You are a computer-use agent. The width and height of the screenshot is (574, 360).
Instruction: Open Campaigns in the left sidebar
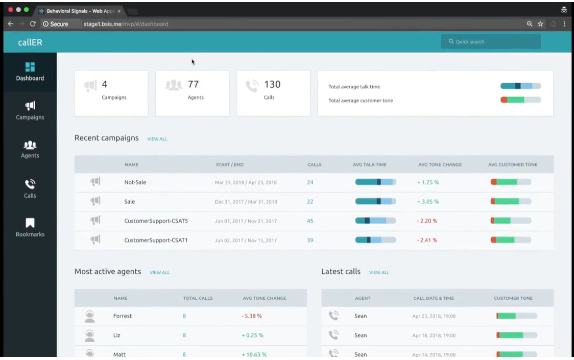(x=30, y=110)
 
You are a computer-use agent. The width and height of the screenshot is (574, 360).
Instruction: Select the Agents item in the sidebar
(x=30, y=149)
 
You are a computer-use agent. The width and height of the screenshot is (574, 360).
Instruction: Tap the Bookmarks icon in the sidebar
(x=30, y=223)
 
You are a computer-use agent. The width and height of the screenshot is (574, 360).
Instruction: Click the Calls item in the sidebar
(x=30, y=188)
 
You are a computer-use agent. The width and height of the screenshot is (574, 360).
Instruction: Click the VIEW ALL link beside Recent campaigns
(x=157, y=139)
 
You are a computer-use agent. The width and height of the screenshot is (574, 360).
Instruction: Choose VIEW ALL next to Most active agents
(x=159, y=273)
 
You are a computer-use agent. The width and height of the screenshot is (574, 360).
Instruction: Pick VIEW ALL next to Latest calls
(x=379, y=273)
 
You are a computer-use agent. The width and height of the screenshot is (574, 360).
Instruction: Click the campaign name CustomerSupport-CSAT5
(x=156, y=221)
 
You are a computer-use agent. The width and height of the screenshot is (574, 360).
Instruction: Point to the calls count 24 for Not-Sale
(x=310, y=182)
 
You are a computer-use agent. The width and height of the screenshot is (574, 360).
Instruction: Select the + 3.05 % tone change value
(x=428, y=202)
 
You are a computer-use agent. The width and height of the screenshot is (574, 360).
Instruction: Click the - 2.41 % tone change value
(x=427, y=241)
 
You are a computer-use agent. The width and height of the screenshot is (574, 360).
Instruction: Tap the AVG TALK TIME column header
(x=370, y=165)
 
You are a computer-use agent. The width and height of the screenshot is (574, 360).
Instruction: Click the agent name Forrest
(x=123, y=316)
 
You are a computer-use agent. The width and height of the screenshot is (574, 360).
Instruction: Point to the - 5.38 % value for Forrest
(x=252, y=316)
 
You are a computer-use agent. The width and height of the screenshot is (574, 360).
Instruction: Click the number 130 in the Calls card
(x=272, y=84)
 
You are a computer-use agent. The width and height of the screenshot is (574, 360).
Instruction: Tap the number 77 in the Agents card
(x=194, y=84)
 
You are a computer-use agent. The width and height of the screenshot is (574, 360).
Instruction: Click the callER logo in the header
(x=30, y=42)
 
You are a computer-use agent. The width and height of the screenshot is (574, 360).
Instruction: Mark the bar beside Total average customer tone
(x=520, y=100)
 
